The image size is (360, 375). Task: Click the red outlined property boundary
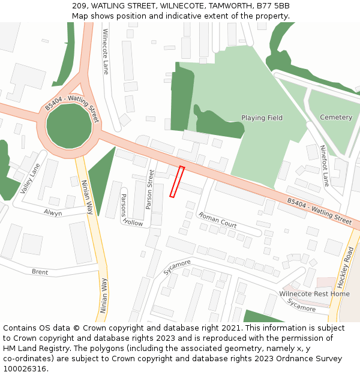point(176,182)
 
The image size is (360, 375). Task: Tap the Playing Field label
point(262,118)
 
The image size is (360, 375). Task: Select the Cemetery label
point(336,117)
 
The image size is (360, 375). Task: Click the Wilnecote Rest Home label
point(314,294)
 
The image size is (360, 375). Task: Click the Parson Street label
point(150,189)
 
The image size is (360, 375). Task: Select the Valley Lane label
point(29,178)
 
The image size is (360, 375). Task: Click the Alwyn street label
point(53,213)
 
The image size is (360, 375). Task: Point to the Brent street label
point(40,272)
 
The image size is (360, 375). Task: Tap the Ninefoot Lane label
point(325,165)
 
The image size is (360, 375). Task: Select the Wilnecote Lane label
point(106,47)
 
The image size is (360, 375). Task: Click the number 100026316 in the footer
point(25,368)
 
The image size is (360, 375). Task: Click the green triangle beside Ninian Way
point(99,177)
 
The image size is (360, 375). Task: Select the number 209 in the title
point(79,6)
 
